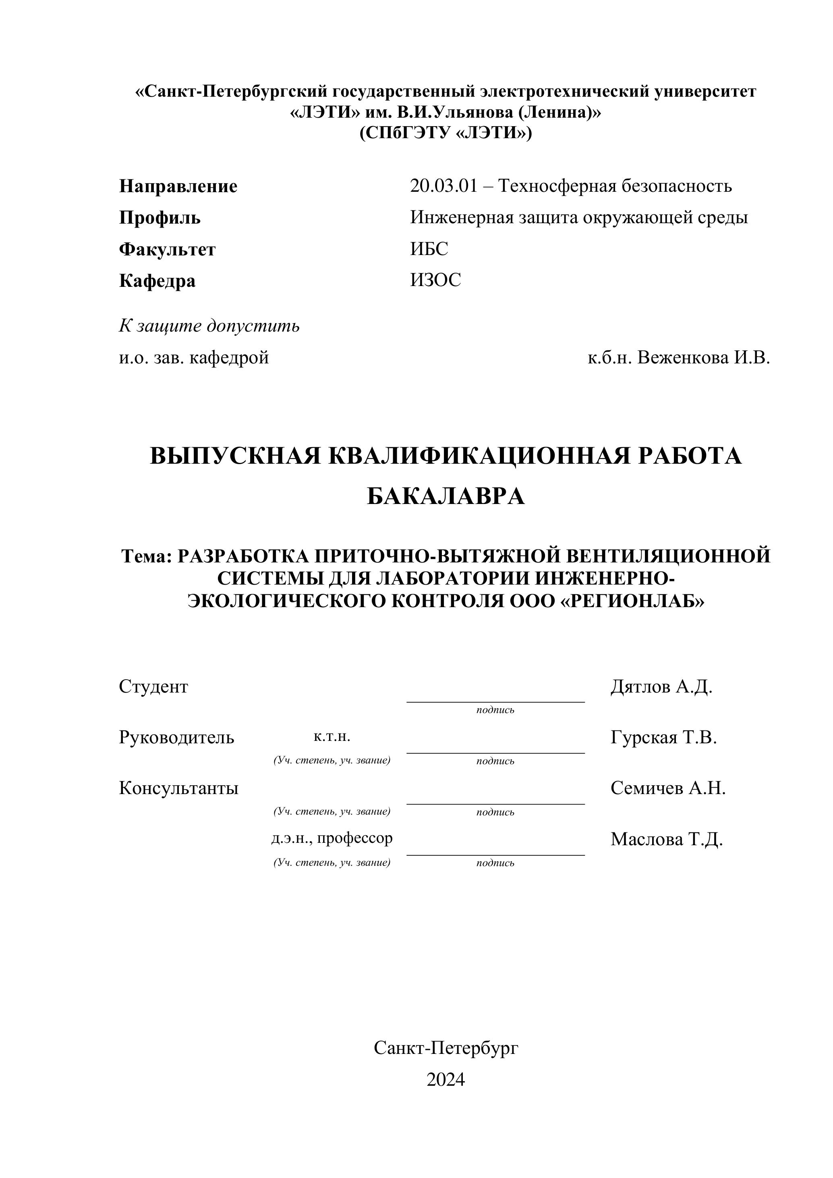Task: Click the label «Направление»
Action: click(178, 186)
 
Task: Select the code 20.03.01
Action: click(443, 186)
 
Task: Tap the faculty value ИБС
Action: click(429, 249)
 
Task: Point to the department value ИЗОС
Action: click(435, 280)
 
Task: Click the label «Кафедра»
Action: click(157, 281)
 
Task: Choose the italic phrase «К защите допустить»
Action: click(209, 326)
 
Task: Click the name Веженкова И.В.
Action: click(704, 358)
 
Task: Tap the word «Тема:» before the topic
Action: click(146, 556)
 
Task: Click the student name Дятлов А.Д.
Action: click(661, 686)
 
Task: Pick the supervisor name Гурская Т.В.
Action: click(663, 738)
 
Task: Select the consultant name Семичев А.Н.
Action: click(668, 788)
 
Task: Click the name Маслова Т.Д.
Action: click(666, 839)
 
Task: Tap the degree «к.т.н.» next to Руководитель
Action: click(332, 737)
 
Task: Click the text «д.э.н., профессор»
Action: click(332, 838)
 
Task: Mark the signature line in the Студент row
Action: click(495, 701)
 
